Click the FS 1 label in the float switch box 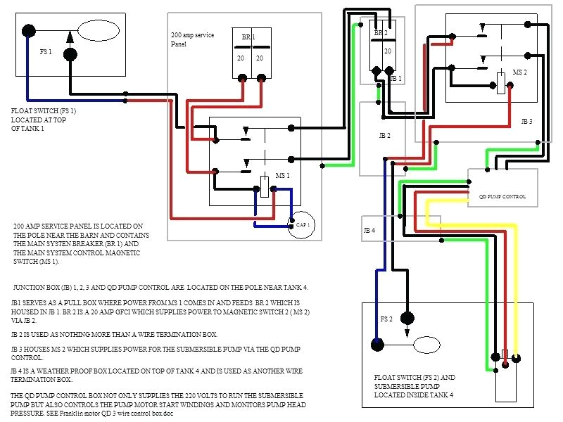(x=45, y=53)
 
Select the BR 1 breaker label (x=249, y=37)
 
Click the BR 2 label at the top (x=381, y=33)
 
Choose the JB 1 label (x=396, y=78)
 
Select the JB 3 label (x=526, y=122)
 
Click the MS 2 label (x=519, y=72)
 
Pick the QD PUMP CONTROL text (x=502, y=196)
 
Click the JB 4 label (x=369, y=231)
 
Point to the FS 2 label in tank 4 (x=386, y=319)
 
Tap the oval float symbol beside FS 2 (x=434, y=345)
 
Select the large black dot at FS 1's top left (x=29, y=31)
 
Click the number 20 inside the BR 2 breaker (x=387, y=51)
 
